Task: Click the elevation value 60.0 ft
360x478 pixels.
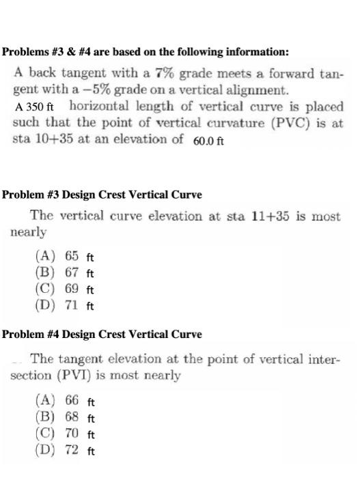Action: [x=209, y=141]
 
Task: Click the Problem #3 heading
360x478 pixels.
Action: [x=102, y=195]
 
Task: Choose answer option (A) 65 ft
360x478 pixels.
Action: [x=64, y=257]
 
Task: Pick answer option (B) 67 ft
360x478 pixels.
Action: [x=64, y=272]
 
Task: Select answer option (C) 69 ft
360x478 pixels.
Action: [x=64, y=289]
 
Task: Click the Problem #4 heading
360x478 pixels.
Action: [x=102, y=334]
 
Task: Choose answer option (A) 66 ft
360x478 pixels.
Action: [x=64, y=401]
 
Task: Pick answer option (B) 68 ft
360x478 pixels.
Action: [x=64, y=417]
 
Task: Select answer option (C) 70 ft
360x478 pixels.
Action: [x=64, y=434]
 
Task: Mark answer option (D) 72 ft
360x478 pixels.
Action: [x=64, y=450]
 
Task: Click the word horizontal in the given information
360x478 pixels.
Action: [x=100, y=107]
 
